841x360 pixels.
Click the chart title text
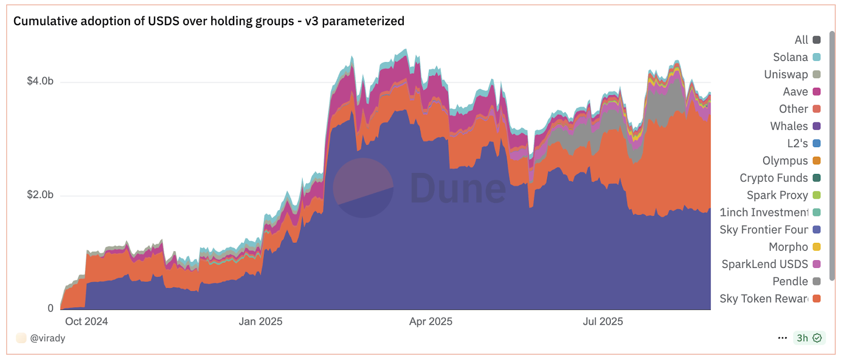point(209,21)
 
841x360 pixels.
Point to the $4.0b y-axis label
point(40,81)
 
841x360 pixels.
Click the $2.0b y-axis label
point(40,195)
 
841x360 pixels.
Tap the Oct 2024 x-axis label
point(86,322)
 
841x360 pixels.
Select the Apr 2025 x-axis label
point(430,322)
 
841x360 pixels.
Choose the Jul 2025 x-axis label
point(602,322)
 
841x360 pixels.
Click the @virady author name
point(47,338)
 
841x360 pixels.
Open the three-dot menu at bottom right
point(782,338)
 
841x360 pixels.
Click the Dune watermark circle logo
point(363,188)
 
